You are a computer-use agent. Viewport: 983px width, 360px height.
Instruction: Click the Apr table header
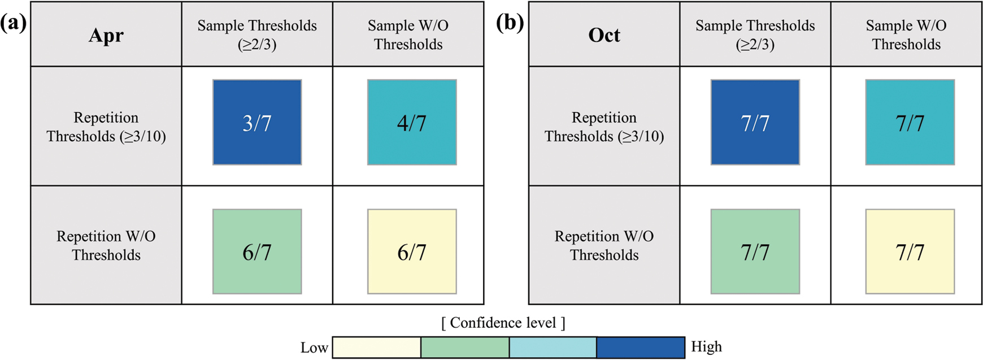(x=106, y=35)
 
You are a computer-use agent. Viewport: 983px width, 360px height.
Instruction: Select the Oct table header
(x=604, y=35)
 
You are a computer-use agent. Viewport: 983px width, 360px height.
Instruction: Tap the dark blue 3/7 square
(x=257, y=122)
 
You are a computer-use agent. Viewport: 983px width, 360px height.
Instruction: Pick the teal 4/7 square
(x=412, y=122)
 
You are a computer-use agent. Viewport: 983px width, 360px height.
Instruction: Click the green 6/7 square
(x=257, y=251)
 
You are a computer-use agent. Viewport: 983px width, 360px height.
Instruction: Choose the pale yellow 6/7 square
(x=412, y=251)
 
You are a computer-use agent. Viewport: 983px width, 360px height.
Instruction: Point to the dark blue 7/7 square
(x=755, y=122)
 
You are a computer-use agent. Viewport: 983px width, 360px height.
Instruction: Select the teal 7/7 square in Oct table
(x=910, y=122)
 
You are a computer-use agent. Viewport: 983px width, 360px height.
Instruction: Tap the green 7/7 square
(x=755, y=251)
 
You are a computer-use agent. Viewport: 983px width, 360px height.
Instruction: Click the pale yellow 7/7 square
(x=910, y=251)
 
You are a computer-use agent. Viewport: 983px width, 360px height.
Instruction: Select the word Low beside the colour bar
(x=314, y=347)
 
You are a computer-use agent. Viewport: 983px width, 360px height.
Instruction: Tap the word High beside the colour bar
(x=706, y=346)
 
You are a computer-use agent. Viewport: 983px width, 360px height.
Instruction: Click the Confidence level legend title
(x=503, y=323)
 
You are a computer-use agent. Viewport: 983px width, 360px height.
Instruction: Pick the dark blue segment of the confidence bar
(x=641, y=347)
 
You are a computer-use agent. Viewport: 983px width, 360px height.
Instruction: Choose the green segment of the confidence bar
(x=465, y=347)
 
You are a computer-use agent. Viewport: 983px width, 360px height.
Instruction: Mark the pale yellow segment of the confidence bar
(x=377, y=347)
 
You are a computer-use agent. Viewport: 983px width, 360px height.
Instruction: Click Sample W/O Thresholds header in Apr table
(x=408, y=35)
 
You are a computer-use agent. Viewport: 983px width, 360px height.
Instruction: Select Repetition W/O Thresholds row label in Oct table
(x=604, y=245)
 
